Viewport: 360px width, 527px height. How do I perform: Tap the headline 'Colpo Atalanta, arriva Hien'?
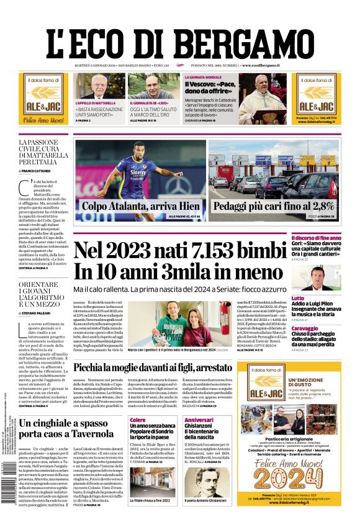tap(141, 206)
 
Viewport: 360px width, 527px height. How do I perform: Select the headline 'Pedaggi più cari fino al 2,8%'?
tap(274, 206)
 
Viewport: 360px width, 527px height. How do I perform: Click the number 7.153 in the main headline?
tap(210, 251)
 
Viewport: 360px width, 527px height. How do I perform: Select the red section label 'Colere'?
tap(137, 420)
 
